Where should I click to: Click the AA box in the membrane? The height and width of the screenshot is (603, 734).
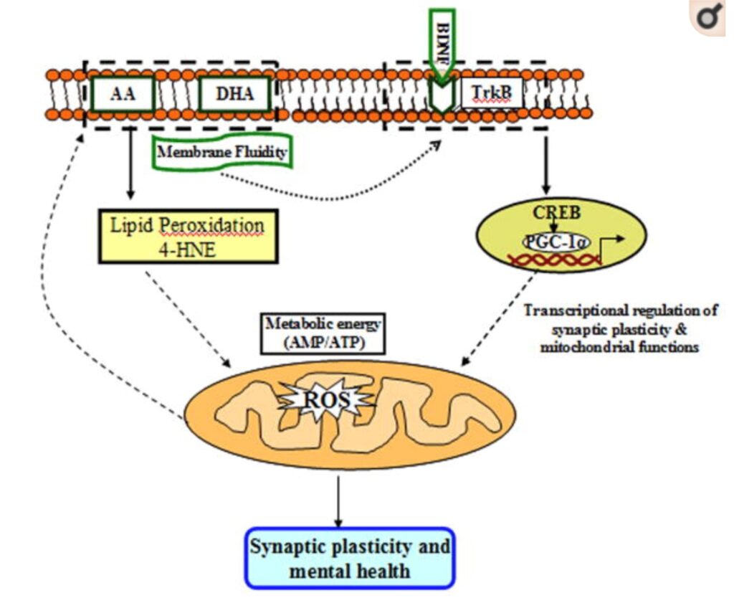point(123,94)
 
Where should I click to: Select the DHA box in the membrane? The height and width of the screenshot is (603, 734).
point(235,94)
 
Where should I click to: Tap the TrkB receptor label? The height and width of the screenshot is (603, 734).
point(491,92)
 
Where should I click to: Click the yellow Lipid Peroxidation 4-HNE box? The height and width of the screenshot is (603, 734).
point(187,237)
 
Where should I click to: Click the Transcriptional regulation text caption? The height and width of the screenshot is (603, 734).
point(620,328)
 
